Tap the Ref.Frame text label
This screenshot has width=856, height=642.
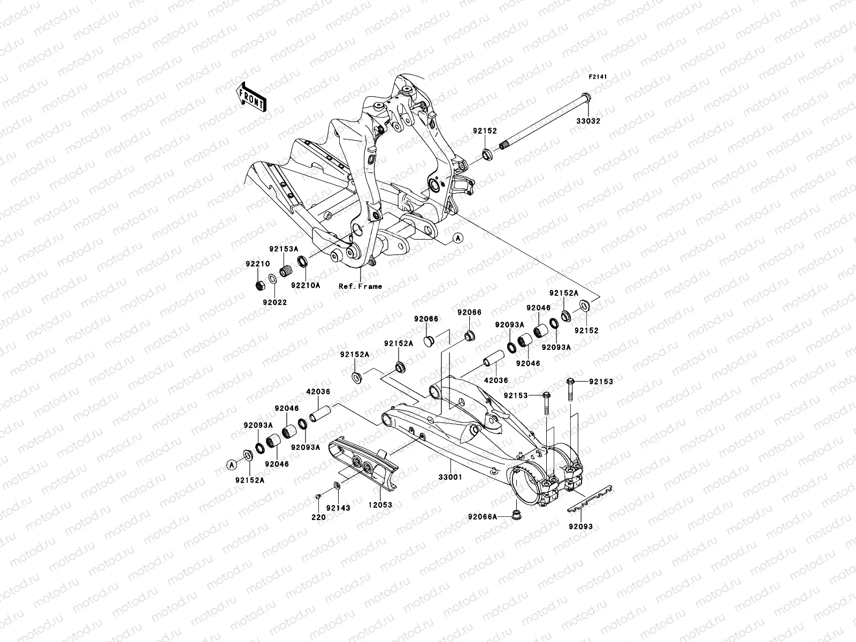click(x=360, y=286)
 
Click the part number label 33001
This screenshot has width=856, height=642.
click(x=450, y=477)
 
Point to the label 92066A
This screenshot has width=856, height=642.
click(x=483, y=517)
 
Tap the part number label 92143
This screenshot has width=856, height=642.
click(x=338, y=508)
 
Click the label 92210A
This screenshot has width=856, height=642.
click(x=305, y=285)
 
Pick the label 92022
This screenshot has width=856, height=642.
click(x=274, y=302)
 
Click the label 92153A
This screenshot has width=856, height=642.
click(x=283, y=249)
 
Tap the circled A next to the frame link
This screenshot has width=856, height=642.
click(x=457, y=239)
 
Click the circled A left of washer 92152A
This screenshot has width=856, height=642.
click(x=232, y=464)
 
